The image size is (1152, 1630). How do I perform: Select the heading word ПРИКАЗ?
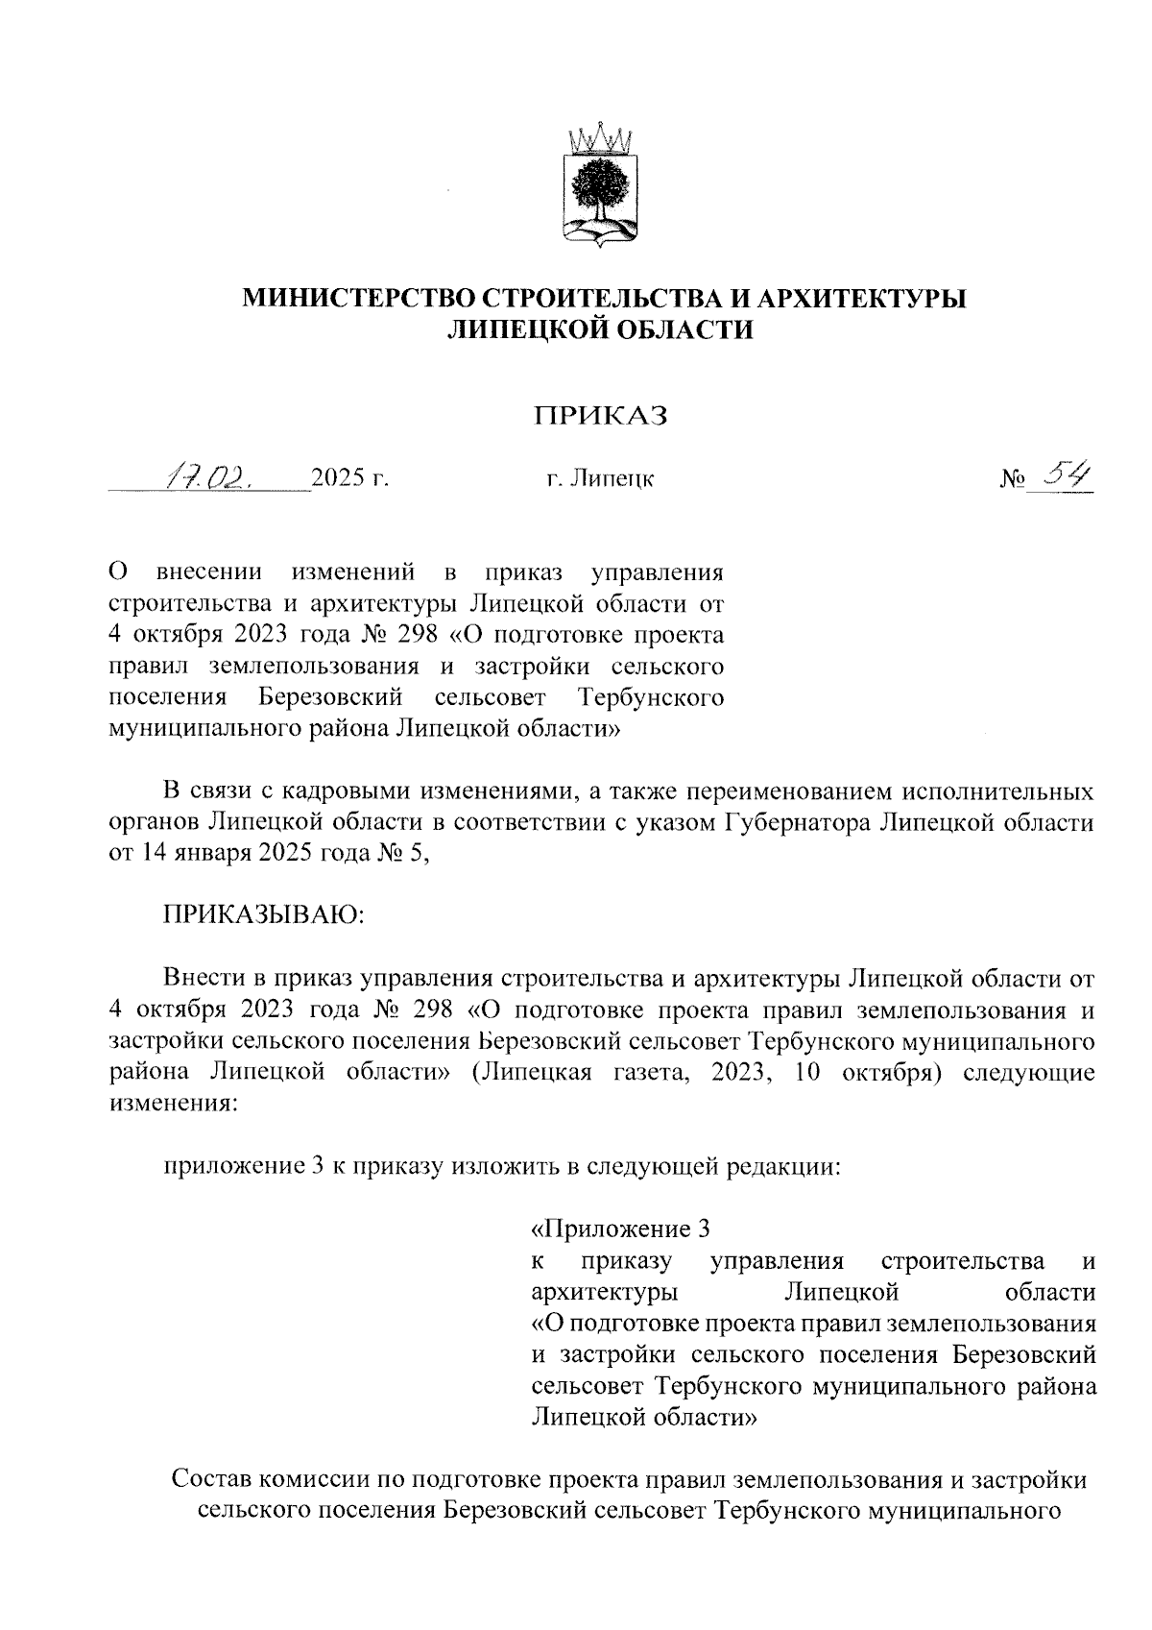click(x=601, y=415)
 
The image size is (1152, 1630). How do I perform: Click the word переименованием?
click(x=778, y=791)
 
